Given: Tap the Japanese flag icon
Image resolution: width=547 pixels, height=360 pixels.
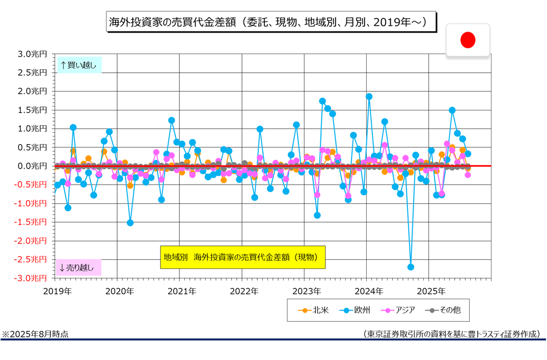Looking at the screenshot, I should click(468, 40).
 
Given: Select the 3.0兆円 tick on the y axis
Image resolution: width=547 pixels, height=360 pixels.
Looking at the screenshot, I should click(32, 54).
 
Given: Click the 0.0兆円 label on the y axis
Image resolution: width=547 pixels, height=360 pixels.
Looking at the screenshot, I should click(32, 166).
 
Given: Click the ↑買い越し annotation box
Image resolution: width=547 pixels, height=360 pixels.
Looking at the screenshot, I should click(78, 65).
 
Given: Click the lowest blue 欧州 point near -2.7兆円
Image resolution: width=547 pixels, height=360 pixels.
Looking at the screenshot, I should click(411, 267).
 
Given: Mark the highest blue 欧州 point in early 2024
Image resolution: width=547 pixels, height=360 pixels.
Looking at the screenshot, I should click(369, 96).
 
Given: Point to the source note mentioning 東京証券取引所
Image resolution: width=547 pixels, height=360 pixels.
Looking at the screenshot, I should click(451, 334).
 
